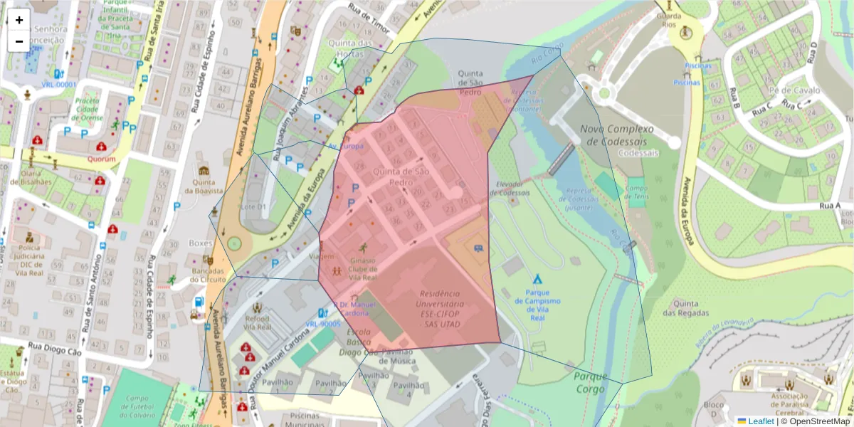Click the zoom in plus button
pyautogui.click(x=19, y=20)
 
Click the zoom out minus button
pyautogui.click(x=19, y=41)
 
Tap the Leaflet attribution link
pyautogui.click(x=760, y=421)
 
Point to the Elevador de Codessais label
pyautogui.click(x=510, y=188)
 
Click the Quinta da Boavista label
pyautogui.click(x=204, y=186)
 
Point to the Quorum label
pyautogui.click(x=101, y=159)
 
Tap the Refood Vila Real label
pyautogui.click(x=257, y=323)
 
